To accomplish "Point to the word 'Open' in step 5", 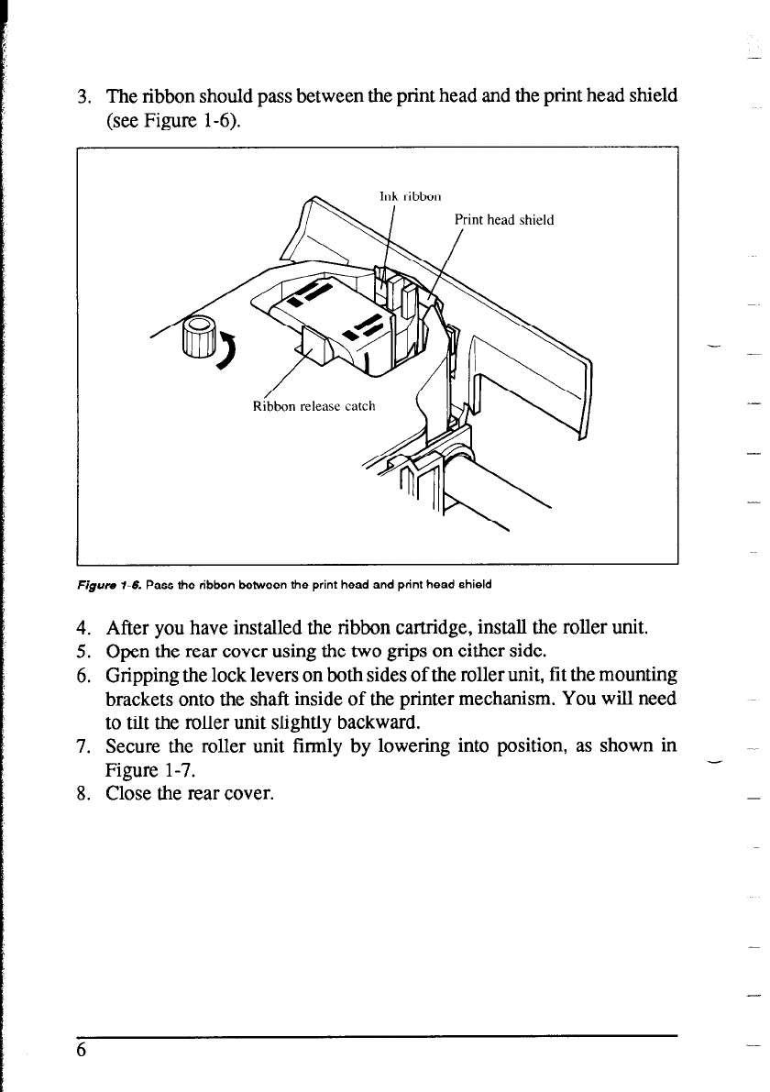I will pos(127,653).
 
